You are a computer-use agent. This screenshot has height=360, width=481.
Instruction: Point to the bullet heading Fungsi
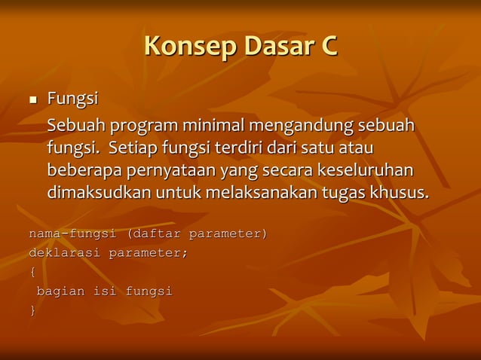click(x=72, y=99)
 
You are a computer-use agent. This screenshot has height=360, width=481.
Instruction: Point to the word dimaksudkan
click(x=100, y=192)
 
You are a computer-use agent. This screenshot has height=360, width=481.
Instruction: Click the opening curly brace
click(x=32, y=272)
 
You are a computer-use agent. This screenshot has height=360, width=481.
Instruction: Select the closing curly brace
click(x=32, y=310)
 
